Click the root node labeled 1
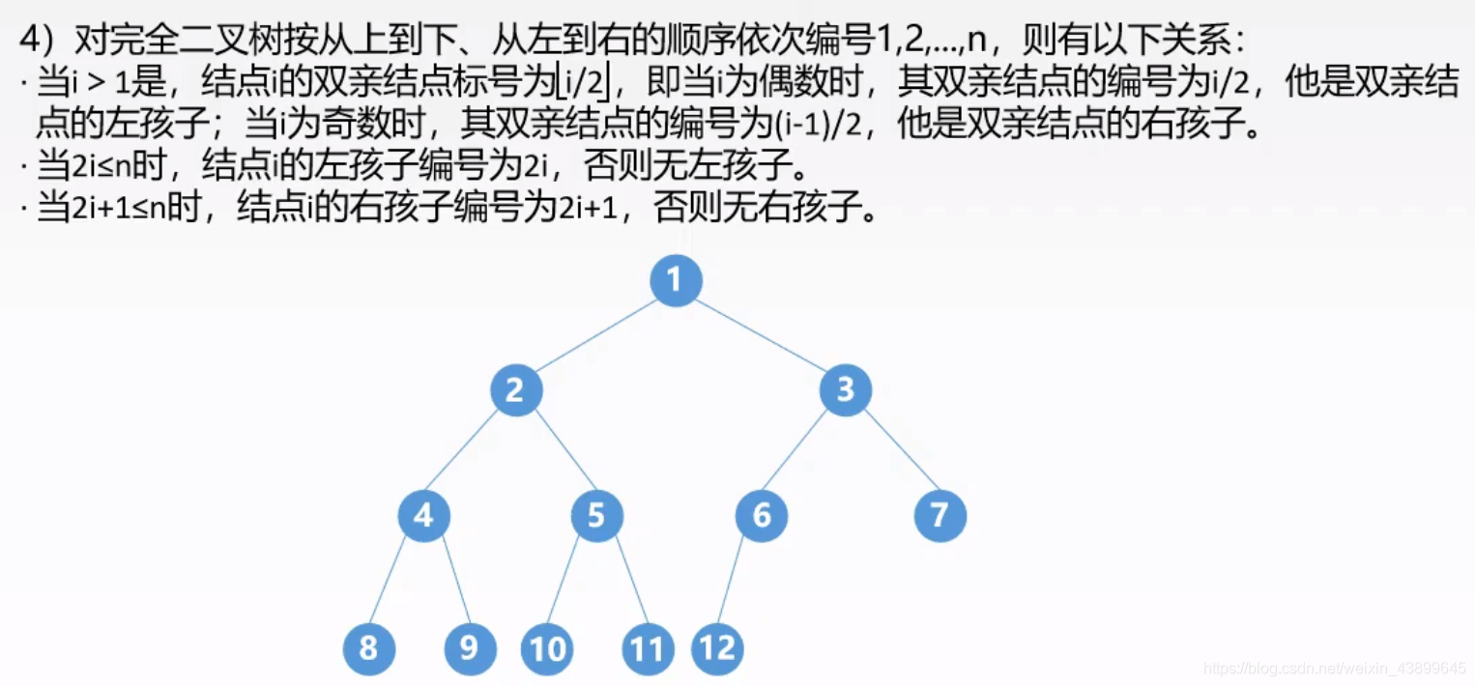coord(676,280)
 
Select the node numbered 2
coord(516,390)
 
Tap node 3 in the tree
coord(845,390)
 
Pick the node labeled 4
coord(423,516)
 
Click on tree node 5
coord(596,516)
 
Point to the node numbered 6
coord(762,516)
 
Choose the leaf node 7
coord(940,516)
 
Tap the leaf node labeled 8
coord(369,647)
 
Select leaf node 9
coord(470,647)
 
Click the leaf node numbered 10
coord(547,648)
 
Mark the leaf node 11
coord(647,648)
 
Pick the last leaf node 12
coord(717,647)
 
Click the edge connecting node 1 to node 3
coord(761,335)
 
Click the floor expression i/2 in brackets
coord(585,84)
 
